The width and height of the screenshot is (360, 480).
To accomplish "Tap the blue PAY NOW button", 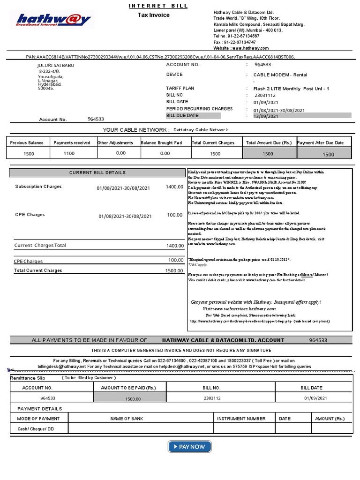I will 189,447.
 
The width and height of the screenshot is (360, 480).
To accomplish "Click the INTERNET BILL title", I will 158,6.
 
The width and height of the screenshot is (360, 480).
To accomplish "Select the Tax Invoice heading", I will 153,15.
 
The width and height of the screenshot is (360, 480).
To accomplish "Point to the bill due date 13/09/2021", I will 266,116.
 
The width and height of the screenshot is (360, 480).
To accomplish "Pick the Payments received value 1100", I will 69,153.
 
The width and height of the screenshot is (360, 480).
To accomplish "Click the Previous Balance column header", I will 27,142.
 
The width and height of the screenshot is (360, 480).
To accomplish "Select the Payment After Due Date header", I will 321,142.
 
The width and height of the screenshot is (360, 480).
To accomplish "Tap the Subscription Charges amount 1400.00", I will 174,187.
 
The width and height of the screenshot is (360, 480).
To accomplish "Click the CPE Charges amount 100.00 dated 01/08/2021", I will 174,215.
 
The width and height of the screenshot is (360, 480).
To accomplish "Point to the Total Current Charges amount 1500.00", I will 174,270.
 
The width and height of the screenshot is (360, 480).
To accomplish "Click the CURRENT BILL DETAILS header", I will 97,173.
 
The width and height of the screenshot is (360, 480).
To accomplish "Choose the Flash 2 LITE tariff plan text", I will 291,89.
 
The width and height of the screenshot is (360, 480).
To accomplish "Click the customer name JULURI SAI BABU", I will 56,66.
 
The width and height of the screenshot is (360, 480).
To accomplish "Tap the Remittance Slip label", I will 30,377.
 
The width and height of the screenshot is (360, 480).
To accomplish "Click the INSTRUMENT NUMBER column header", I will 241,419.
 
